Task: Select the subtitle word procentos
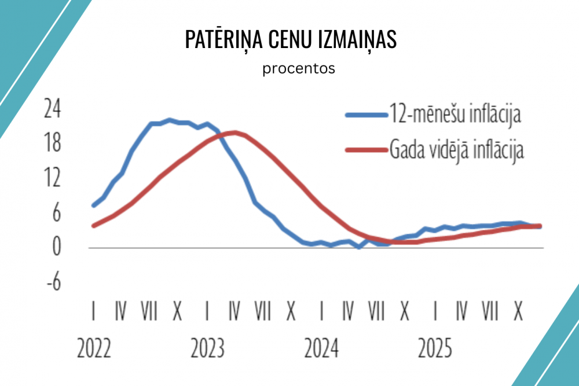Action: [x=299, y=68]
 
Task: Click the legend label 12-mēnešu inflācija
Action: [x=456, y=115]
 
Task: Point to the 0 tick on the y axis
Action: [x=57, y=248]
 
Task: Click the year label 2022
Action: [x=94, y=349]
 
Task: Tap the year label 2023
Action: [x=208, y=349]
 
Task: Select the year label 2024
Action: [x=322, y=349]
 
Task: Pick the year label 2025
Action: [x=435, y=349]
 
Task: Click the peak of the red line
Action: [x=233, y=133]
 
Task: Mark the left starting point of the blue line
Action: [x=94, y=205]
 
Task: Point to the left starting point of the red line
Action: [x=94, y=226]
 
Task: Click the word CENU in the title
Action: [x=289, y=40]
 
